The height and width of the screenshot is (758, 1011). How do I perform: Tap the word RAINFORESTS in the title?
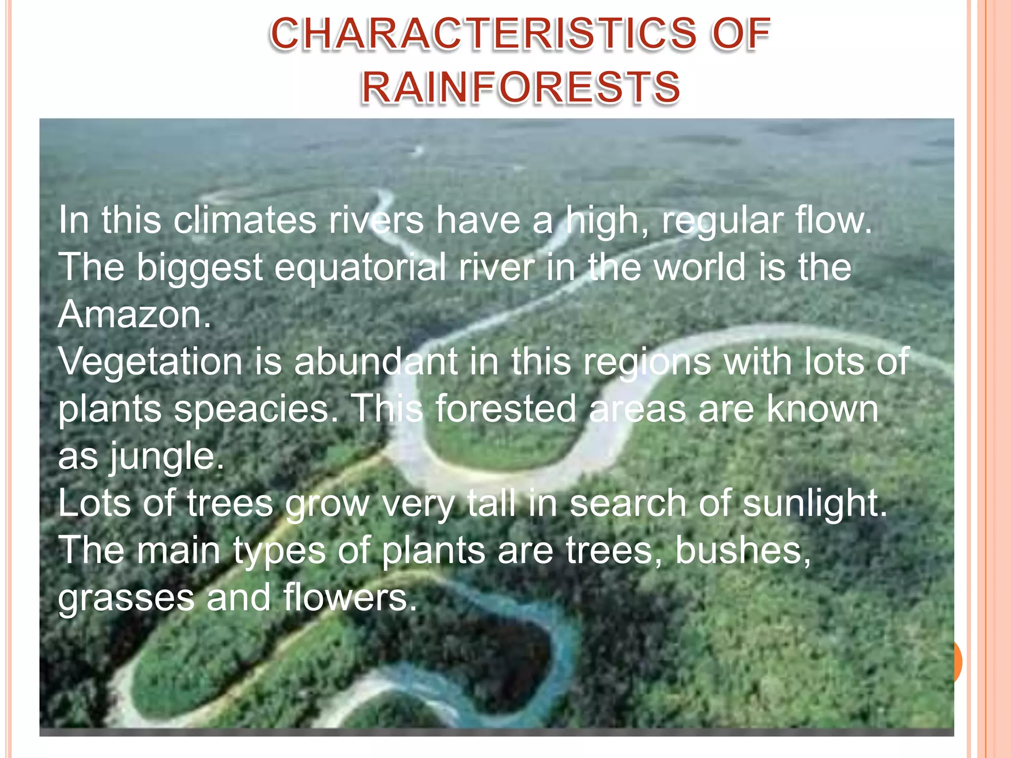tap(521, 87)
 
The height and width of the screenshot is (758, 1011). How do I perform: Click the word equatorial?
tap(360, 267)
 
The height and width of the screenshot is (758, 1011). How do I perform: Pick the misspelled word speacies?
tap(256, 410)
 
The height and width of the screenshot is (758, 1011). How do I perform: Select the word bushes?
tap(742, 550)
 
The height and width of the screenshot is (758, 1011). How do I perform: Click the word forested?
tap(505, 409)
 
